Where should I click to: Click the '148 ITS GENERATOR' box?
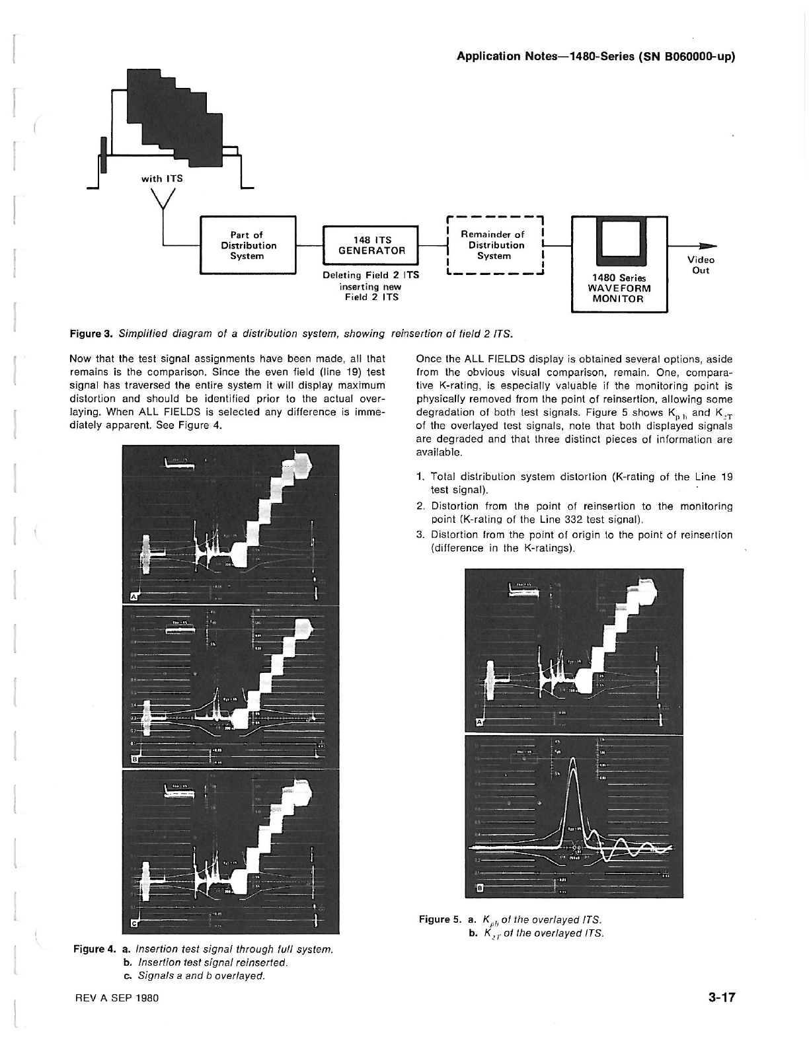(371, 245)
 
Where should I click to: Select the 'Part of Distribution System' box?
(248, 245)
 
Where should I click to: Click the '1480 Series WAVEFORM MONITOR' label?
(619, 288)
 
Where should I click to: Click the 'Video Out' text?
(701, 265)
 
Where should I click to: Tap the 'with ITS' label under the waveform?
(161, 178)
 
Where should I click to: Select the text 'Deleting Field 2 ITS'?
(371, 275)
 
